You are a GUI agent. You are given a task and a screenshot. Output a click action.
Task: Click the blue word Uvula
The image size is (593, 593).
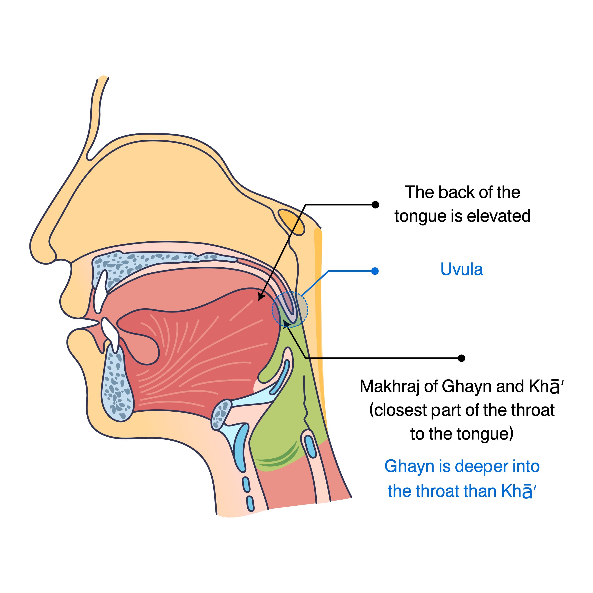[x=461, y=269]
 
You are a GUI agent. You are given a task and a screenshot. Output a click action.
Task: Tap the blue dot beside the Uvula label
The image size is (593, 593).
[x=375, y=271]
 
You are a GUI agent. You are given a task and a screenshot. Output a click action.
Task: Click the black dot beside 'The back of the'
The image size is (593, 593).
[x=375, y=205]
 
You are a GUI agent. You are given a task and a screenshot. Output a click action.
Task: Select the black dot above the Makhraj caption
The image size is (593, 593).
[x=461, y=358]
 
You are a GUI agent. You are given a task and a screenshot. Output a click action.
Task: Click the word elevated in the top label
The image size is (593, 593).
[x=498, y=216]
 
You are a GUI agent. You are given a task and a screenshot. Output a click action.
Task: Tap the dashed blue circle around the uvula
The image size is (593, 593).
[x=290, y=309]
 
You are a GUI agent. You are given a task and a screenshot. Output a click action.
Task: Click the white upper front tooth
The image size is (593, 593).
[x=100, y=292]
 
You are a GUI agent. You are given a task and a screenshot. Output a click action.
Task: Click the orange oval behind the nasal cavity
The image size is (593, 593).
[x=292, y=222]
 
